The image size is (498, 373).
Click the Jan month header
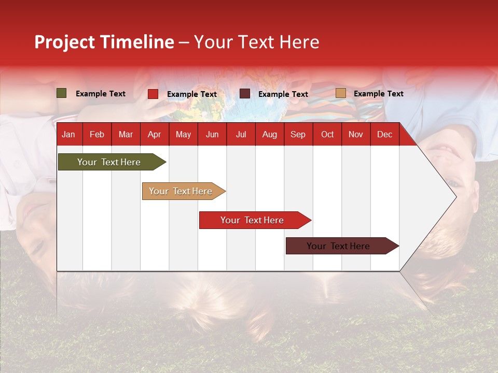(68, 135)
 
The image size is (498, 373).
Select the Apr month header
(154, 135)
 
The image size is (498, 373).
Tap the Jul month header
(241, 135)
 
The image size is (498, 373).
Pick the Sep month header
(298, 135)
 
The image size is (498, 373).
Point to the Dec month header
(384, 135)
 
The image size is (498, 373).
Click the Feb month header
(97, 135)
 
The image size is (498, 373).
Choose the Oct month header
(327, 135)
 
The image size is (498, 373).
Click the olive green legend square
(62, 93)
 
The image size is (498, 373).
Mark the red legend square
(153, 94)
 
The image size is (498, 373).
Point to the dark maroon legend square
(245, 94)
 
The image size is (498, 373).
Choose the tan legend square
(340, 93)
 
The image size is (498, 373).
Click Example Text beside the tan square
(378, 94)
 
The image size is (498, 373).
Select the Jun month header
(212, 135)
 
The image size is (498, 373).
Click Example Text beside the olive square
(101, 94)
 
